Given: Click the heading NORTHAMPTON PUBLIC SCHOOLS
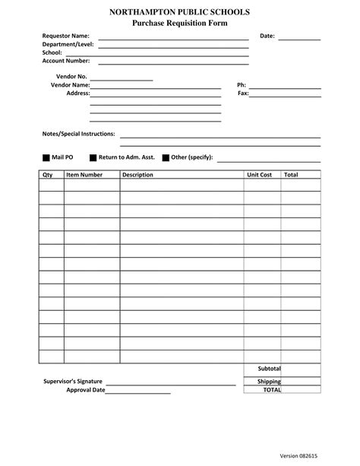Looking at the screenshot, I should pos(179,14).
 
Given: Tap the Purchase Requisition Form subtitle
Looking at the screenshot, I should pos(179,24).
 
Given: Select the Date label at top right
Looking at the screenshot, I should pos(267,36).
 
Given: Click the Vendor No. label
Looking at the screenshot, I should pos(72,77).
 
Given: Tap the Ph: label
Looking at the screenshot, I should pos(242,85).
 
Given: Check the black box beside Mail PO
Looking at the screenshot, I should pos(46,158).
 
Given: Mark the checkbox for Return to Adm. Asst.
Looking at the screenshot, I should pos(93,158).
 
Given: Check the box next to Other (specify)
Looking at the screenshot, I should pos(166,158).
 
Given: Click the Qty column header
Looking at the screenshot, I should pos(46,175).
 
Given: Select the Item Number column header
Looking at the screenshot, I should pos(84,175).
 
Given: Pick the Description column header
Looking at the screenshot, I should pos(137,175).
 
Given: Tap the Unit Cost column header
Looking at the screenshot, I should pos(259,175).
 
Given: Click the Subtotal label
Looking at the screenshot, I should pos(269,369).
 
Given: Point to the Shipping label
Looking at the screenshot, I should pos(269,382).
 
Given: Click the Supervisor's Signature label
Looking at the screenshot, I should pos(73,381).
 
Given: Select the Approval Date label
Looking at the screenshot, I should pos(85,390).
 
